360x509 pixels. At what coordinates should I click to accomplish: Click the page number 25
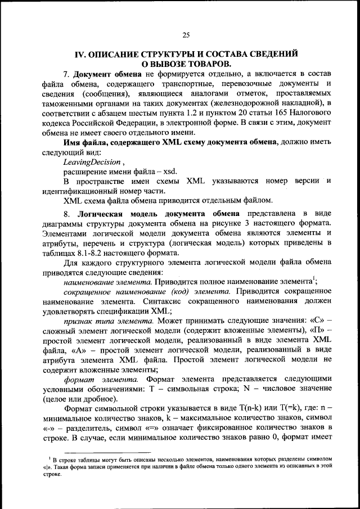186,35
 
